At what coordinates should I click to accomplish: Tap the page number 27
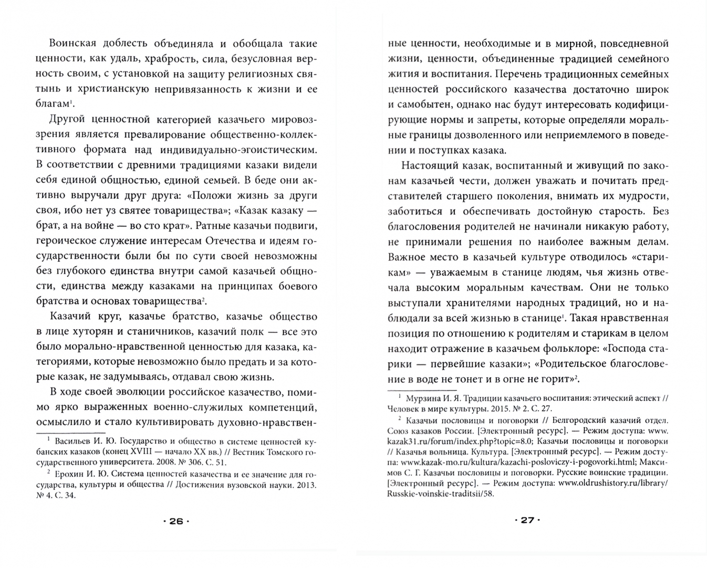pyautogui.click(x=527, y=520)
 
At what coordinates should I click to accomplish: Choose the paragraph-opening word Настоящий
pyautogui.click(x=426, y=166)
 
